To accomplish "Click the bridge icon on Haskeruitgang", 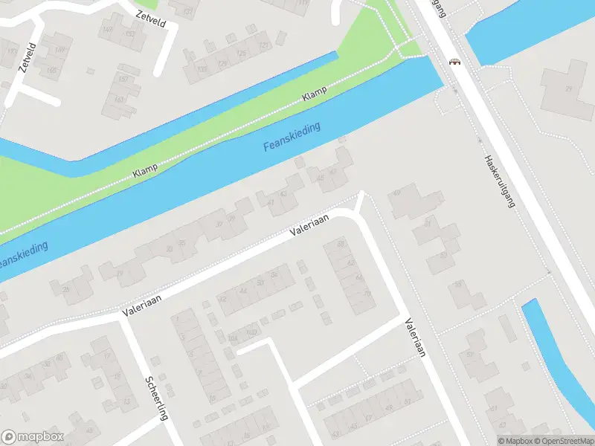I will (453, 62).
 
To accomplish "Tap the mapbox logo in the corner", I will (33, 437).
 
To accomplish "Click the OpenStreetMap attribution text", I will (561, 441).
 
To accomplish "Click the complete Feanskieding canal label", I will (292, 138).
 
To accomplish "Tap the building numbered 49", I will (396, 193).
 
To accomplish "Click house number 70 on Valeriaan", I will (367, 294).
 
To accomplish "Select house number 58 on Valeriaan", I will (341, 244).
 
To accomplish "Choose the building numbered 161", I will (119, 100).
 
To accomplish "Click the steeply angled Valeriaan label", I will (414, 337).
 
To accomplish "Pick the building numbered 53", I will (443, 256).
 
